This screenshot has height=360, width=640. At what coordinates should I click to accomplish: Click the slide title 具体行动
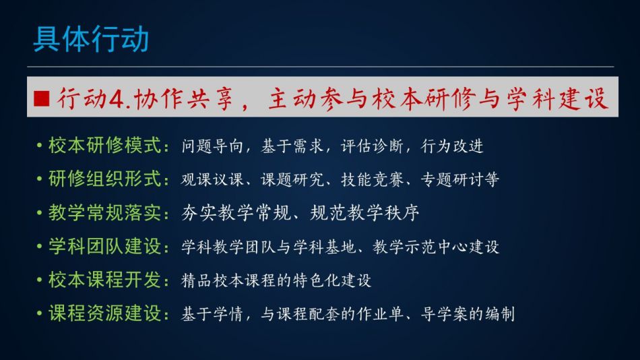coord(91,39)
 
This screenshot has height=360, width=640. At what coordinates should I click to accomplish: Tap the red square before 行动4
coord(42,98)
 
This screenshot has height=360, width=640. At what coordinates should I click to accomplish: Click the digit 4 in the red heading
coord(117,99)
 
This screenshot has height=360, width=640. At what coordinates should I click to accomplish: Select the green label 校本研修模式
coord(105,146)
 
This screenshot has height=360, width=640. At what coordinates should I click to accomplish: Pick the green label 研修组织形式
coord(105,179)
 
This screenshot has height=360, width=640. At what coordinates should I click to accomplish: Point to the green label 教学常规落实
coord(105,213)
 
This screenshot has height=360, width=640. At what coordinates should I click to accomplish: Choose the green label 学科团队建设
coord(105,246)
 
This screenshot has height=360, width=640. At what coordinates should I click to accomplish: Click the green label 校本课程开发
coord(105,280)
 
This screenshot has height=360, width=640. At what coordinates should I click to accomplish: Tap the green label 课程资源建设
coord(105,313)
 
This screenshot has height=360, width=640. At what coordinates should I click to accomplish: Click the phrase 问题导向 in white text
coord(212,146)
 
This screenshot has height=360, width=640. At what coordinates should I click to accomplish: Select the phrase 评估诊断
coord(372,146)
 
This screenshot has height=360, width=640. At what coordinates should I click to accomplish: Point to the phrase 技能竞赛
coord(372,179)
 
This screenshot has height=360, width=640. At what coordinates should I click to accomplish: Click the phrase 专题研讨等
coord(460,179)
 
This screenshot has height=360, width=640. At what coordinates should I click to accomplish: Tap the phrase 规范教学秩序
coord(364,213)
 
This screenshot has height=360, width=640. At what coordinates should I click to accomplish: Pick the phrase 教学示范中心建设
coord(436,247)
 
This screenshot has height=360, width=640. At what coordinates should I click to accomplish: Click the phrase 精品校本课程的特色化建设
coord(276,280)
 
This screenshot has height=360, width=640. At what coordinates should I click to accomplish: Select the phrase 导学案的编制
coord(468,314)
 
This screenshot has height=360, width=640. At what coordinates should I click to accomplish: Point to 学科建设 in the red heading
coord(558,99)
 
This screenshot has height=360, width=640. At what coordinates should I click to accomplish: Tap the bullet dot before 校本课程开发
coord(39,280)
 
